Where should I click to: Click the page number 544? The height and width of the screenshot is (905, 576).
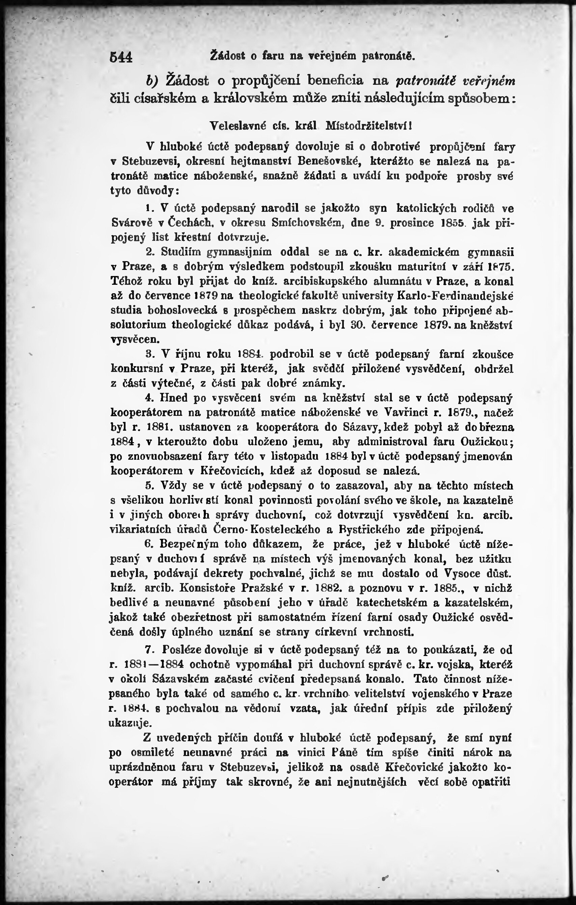[121, 57]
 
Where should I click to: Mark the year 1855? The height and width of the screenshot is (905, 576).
[454, 223]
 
